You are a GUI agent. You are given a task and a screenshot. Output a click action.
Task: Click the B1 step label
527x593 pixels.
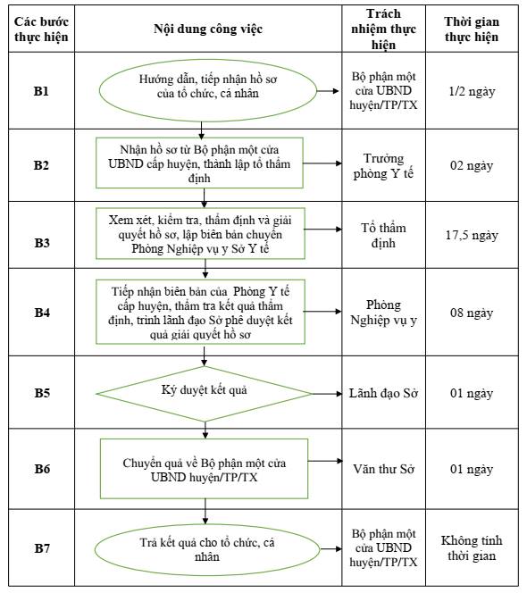tap(41, 91)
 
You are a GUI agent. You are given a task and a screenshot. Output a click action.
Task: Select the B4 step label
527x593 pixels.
tap(42, 313)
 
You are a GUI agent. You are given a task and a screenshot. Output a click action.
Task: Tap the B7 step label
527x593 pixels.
tap(42, 548)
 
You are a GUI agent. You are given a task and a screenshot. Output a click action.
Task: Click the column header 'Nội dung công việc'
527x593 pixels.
tap(208, 29)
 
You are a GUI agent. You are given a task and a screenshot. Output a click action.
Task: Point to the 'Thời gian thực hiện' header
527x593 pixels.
tap(472, 29)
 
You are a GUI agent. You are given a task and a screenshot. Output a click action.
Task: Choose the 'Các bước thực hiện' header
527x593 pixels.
tap(41, 29)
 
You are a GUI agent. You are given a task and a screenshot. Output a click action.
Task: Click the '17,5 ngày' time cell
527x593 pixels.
tap(472, 235)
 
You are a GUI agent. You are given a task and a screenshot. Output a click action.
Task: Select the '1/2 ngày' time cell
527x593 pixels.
tap(472, 91)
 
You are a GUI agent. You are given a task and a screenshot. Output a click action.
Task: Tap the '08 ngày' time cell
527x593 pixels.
tap(472, 313)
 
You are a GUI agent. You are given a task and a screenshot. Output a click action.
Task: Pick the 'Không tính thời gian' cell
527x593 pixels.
tap(472, 548)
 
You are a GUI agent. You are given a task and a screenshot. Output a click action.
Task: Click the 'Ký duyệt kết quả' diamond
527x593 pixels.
tap(205, 394)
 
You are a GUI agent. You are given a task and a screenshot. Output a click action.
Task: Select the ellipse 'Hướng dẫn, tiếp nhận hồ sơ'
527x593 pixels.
tap(208, 90)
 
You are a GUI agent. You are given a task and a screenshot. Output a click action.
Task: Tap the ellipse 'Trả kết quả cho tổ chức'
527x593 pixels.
tap(207, 549)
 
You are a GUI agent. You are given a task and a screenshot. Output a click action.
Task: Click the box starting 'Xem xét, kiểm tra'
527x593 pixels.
tap(200, 233)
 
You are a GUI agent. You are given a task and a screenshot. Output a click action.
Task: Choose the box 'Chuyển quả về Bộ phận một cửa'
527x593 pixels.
tap(204, 469)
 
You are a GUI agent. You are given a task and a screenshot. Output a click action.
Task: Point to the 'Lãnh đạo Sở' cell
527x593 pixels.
tap(383, 393)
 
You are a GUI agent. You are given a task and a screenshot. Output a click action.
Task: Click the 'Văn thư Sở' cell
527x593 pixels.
tap(383, 469)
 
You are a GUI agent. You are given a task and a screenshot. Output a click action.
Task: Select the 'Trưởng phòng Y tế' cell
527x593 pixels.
tap(383, 165)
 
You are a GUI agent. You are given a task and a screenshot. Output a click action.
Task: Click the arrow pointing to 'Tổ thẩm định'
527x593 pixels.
tap(323, 230)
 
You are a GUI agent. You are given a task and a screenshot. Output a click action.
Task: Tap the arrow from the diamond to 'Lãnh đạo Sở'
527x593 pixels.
tap(327, 394)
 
